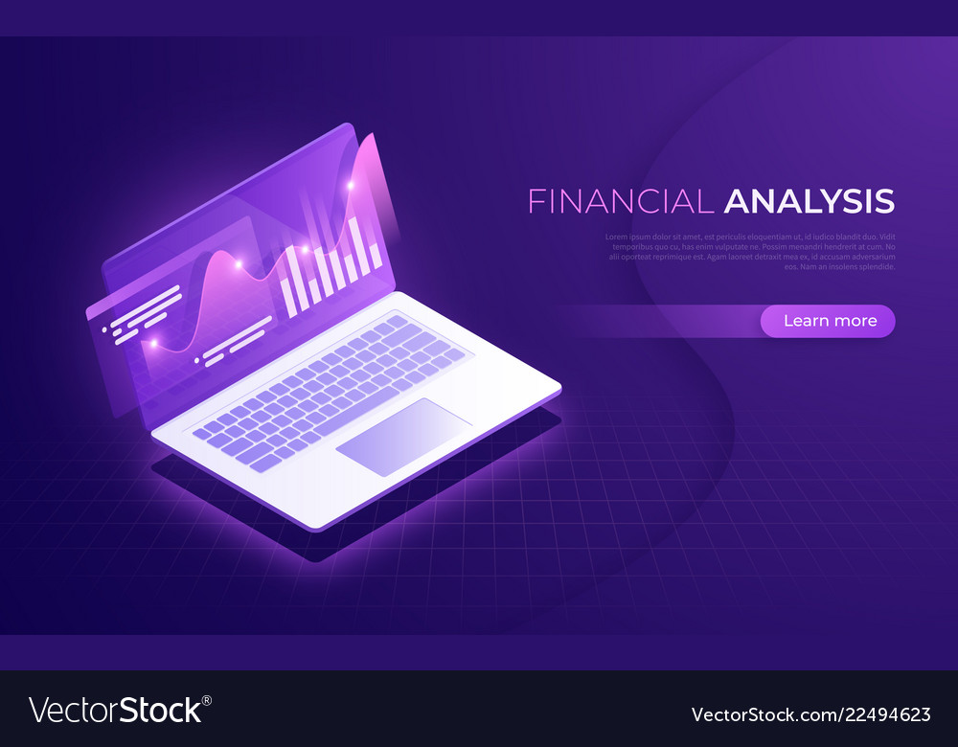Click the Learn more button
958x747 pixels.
(828, 321)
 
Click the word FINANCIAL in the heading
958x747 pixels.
(621, 201)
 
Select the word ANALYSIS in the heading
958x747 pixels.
(810, 201)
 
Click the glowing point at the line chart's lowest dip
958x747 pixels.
(150, 343)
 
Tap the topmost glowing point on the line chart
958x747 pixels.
(351, 184)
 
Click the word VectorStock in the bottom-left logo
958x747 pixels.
(115, 710)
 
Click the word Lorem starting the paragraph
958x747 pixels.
(617, 237)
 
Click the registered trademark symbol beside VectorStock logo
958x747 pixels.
(206, 700)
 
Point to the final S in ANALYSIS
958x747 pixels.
(883, 201)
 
